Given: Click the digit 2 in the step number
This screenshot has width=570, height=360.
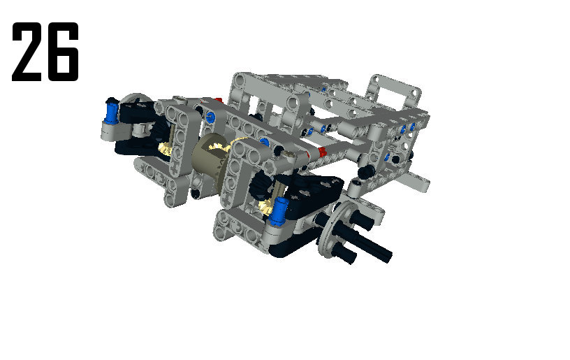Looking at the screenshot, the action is (x=27, y=52).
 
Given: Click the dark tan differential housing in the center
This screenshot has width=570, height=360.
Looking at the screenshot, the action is (x=207, y=159).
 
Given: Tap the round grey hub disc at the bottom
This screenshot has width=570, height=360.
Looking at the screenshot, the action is (x=336, y=229).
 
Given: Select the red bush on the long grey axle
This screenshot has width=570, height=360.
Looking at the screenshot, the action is (x=321, y=152).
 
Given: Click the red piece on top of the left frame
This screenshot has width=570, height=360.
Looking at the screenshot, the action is (x=218, y=101).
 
